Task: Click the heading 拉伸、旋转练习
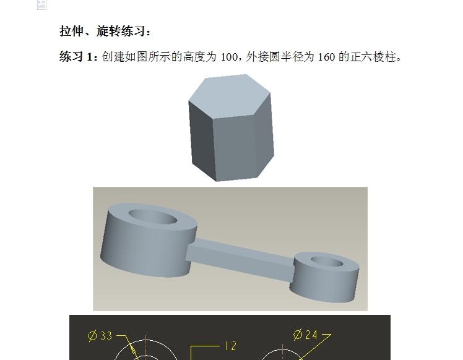pos(105,31)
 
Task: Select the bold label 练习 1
pos(78,58)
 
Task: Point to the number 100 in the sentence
pos(229,58)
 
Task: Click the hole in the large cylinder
pos(152,216)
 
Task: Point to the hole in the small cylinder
pos(326,262)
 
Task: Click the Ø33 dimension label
pos(100,336)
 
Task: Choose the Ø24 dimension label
pos(305,335)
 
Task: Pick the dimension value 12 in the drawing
pos(230,346)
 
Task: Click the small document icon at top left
pos(41,5)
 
